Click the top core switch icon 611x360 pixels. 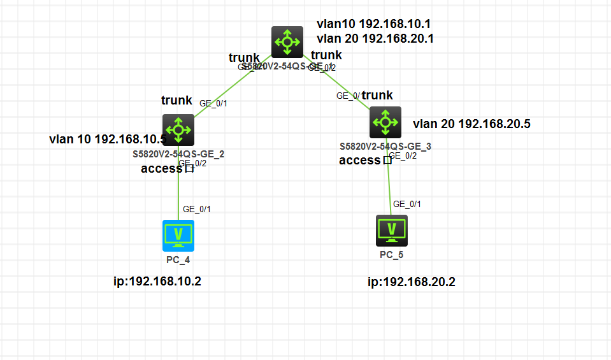(x=287, y=42)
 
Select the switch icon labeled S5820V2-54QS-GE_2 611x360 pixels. (x=178, y=130)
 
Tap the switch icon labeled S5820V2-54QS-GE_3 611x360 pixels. (x=385, y=122)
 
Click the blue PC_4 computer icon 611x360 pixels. (x=178, y=235)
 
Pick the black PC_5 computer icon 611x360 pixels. (x=392, y=230)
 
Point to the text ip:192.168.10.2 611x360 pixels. (x=157, y=281)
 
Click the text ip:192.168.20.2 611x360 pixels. (x=412, y=282)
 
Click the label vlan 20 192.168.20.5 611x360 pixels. (x=471, y=124)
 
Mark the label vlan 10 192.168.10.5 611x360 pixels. (x=108, y=139)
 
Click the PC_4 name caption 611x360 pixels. (x=178, y=260)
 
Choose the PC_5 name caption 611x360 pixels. (x=392, y=255)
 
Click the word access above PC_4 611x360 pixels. (x=162, y=168)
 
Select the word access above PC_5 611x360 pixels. (x=360, y=160)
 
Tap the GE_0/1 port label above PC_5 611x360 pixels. (x=407, y=205)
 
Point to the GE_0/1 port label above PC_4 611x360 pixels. (x=197, y=209)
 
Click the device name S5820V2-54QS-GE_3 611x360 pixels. (x=385, y=147)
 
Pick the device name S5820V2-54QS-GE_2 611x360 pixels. (x=178, y=154)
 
